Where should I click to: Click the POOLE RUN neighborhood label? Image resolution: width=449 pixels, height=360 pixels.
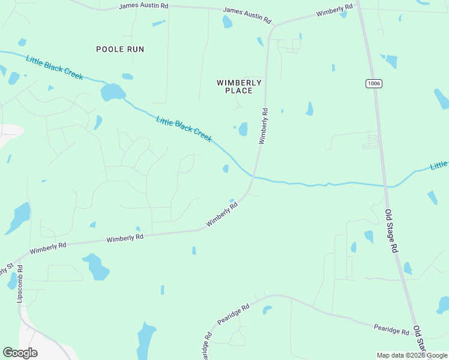tap(120, 49)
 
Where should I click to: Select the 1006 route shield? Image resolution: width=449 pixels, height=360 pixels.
tap(372, 83)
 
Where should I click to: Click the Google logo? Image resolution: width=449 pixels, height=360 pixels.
tap(20, 353)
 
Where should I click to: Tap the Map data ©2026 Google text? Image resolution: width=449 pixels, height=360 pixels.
tap(412, 355)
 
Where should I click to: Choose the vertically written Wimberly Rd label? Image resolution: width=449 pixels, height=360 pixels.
tap(263, 125)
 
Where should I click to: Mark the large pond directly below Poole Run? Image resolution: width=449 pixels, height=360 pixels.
tap(112, 92)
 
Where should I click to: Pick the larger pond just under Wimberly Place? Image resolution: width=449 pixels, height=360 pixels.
tap(243, 129)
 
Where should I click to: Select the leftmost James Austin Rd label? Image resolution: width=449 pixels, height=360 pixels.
tap(144, 5)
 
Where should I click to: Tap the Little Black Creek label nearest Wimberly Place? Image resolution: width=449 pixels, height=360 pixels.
tap(184, 129)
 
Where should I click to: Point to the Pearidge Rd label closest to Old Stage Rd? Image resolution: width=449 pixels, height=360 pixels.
tap(391, 329)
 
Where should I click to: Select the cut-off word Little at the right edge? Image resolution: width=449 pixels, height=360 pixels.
tap(439, 165)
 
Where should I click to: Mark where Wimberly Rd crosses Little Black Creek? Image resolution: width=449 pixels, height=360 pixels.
tap(255, 176)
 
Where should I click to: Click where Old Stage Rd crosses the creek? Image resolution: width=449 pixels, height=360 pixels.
tap(386, 185)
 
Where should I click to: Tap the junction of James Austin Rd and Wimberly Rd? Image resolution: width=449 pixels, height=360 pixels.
tap(274, 25)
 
